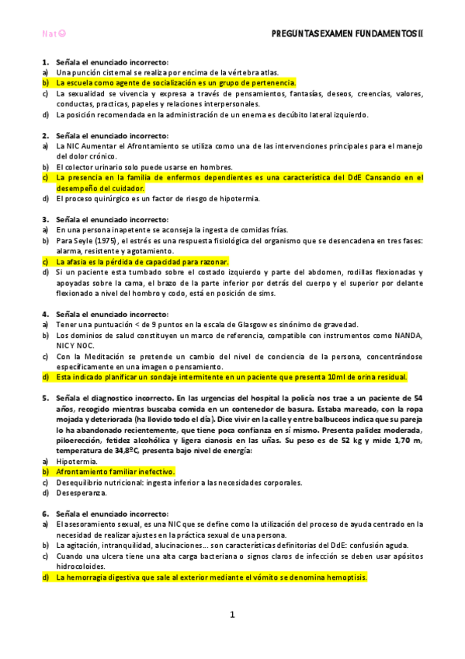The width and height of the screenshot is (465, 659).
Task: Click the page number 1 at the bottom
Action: [x=232, y=615]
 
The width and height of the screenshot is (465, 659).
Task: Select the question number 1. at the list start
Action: [x=47, y=61]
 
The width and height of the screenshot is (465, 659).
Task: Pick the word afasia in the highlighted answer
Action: [x=77, y=262]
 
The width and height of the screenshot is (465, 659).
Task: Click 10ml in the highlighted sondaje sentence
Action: [x=335, y=377]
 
